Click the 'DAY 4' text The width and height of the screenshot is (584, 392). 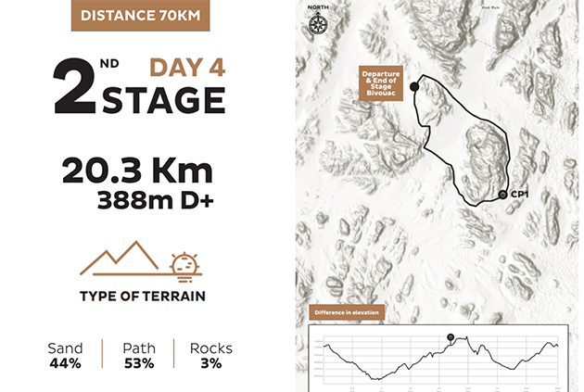tap(187, 68)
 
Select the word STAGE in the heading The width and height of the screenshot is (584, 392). tap(163, 100)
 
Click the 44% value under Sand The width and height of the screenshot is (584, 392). tap(65, 363)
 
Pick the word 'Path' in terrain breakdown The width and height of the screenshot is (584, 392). tap(139, 348)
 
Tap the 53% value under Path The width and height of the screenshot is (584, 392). tap(139, 363)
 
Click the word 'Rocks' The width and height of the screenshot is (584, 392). tap(210, 348)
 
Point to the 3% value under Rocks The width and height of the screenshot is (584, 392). tap(210, 363)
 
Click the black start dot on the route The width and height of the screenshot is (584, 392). tap(414, 86)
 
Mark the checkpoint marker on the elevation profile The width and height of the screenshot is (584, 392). tap(451, 336)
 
